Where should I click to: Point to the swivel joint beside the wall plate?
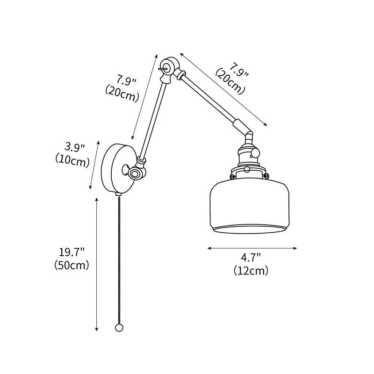click(x=136, y=173)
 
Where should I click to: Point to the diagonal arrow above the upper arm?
click(x=223, y=89)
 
